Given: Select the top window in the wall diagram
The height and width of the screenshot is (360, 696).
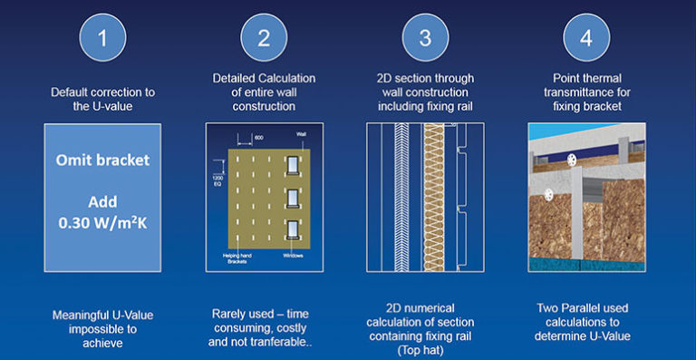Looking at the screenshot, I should pos(291,163).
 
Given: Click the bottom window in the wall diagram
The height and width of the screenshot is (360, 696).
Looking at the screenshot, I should pos(291,227).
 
